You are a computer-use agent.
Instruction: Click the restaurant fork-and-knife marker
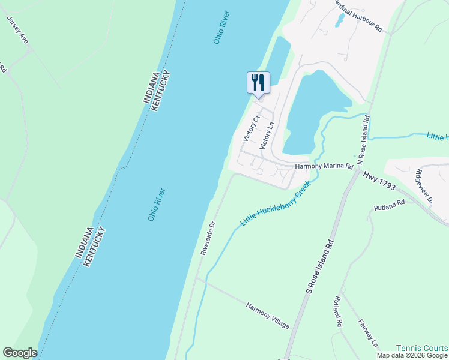click(258, 82)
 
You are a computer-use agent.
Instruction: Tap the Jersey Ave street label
click(17, 29)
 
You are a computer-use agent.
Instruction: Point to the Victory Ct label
click(250, 128)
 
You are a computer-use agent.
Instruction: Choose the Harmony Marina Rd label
click(324, 167)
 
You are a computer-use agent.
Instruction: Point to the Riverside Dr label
click(208, 238)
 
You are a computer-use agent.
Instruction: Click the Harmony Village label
click(267, 316)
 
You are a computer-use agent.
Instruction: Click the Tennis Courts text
click(421, 348)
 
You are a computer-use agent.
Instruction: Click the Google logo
click(20, 353)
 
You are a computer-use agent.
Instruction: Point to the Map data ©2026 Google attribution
click(412, 356)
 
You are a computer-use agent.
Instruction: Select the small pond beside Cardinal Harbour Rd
click(339, 21)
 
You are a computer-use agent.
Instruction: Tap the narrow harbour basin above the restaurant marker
click(277, 57)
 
